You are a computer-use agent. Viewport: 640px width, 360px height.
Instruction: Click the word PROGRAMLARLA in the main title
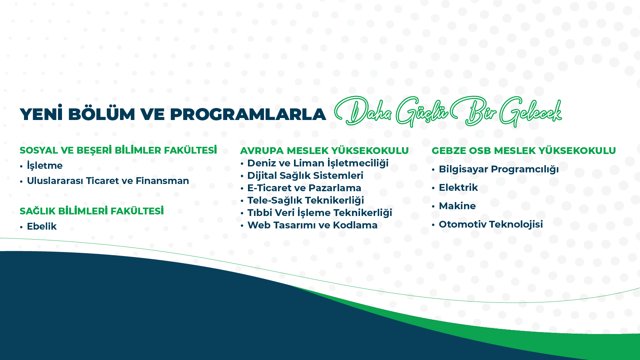pyautogui.click(x=248, y=114)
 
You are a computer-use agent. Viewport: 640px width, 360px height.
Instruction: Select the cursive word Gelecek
pyautogui.click(x=530, y=112)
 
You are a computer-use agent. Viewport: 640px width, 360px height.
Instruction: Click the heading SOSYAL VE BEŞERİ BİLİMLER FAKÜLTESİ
pyautogui.click(x=118, y=150)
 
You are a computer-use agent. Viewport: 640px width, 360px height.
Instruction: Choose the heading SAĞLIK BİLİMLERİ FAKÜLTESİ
pyautogui.click(x=92, y=211)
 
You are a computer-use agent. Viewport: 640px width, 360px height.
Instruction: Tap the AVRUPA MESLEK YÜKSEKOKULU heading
pyautogui.click(x=324, y=150)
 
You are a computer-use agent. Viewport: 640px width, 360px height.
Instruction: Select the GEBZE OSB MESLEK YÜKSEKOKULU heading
pyautogui.click(x=524, y=150)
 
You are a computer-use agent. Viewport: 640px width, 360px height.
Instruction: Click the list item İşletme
pyautogui.click(x=44, y=166)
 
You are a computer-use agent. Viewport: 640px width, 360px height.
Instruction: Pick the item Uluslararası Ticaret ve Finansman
pyautogui.click(x=108, y=180)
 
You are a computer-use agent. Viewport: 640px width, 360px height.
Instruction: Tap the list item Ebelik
pyautogui.click(x=42, y=226)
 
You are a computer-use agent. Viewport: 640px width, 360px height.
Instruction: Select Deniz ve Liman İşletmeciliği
pyautogui.click(x=318, y=163)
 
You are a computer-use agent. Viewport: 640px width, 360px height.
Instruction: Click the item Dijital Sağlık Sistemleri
pyautogui.click(x=305, y=176)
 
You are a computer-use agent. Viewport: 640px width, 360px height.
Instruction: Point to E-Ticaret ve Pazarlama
pyautogui.click(x=304, y=188)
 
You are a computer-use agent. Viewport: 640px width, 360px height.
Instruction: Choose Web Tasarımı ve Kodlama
pyautogui.click(x=312, y=225)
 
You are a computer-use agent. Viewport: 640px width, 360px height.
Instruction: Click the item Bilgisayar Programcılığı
pyautogui.click(x=498, y=169)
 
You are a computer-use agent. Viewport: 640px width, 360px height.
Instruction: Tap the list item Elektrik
pyautogui.click(x=458, y=188)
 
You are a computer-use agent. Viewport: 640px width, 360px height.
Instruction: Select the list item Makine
pyautogui.click(x=457, y=206)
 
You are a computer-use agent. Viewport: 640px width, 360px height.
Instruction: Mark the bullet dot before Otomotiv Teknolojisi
pyautogui.click(x=434, y=225)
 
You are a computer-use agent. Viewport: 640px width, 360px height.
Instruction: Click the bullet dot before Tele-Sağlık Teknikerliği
pyautogui.click(x=242, y=201)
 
